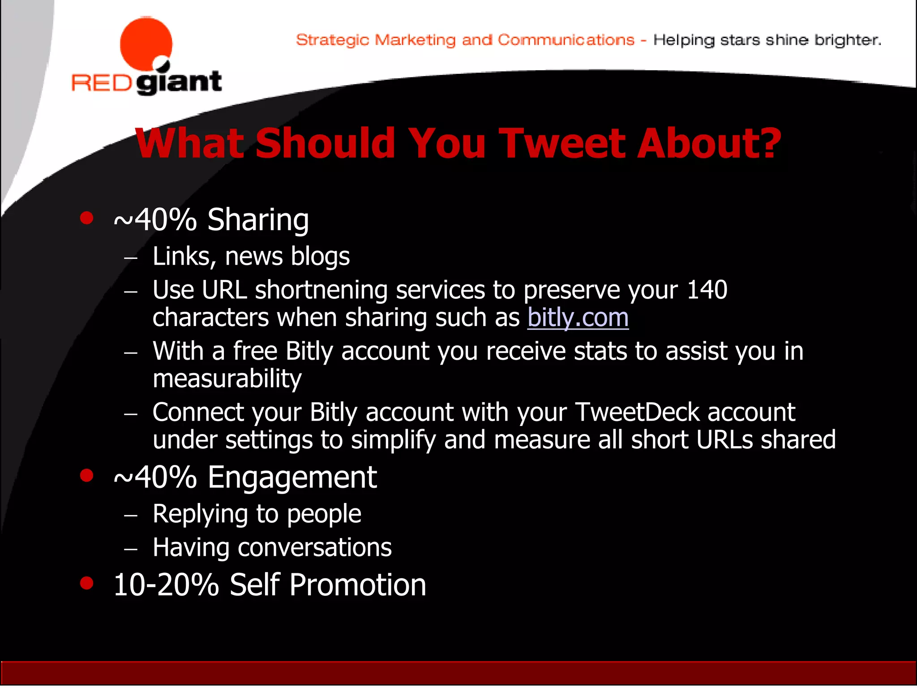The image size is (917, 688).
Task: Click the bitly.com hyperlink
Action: [x=578, y=318]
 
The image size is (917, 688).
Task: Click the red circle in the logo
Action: [x=146, y=44]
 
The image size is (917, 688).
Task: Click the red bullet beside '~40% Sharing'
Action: [x=86, y=218]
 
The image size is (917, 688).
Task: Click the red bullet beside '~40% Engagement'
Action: [x=86, y=475]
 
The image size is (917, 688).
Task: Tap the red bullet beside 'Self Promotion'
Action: [x=86, y=583]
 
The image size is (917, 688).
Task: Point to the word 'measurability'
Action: [x=227, y=378]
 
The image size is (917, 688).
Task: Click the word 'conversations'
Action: [x=314, y=547]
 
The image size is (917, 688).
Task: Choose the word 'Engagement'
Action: [x=292, y=477]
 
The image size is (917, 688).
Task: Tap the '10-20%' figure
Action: [x=166, y=585]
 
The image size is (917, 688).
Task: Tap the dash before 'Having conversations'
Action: [x=130, y=548]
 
